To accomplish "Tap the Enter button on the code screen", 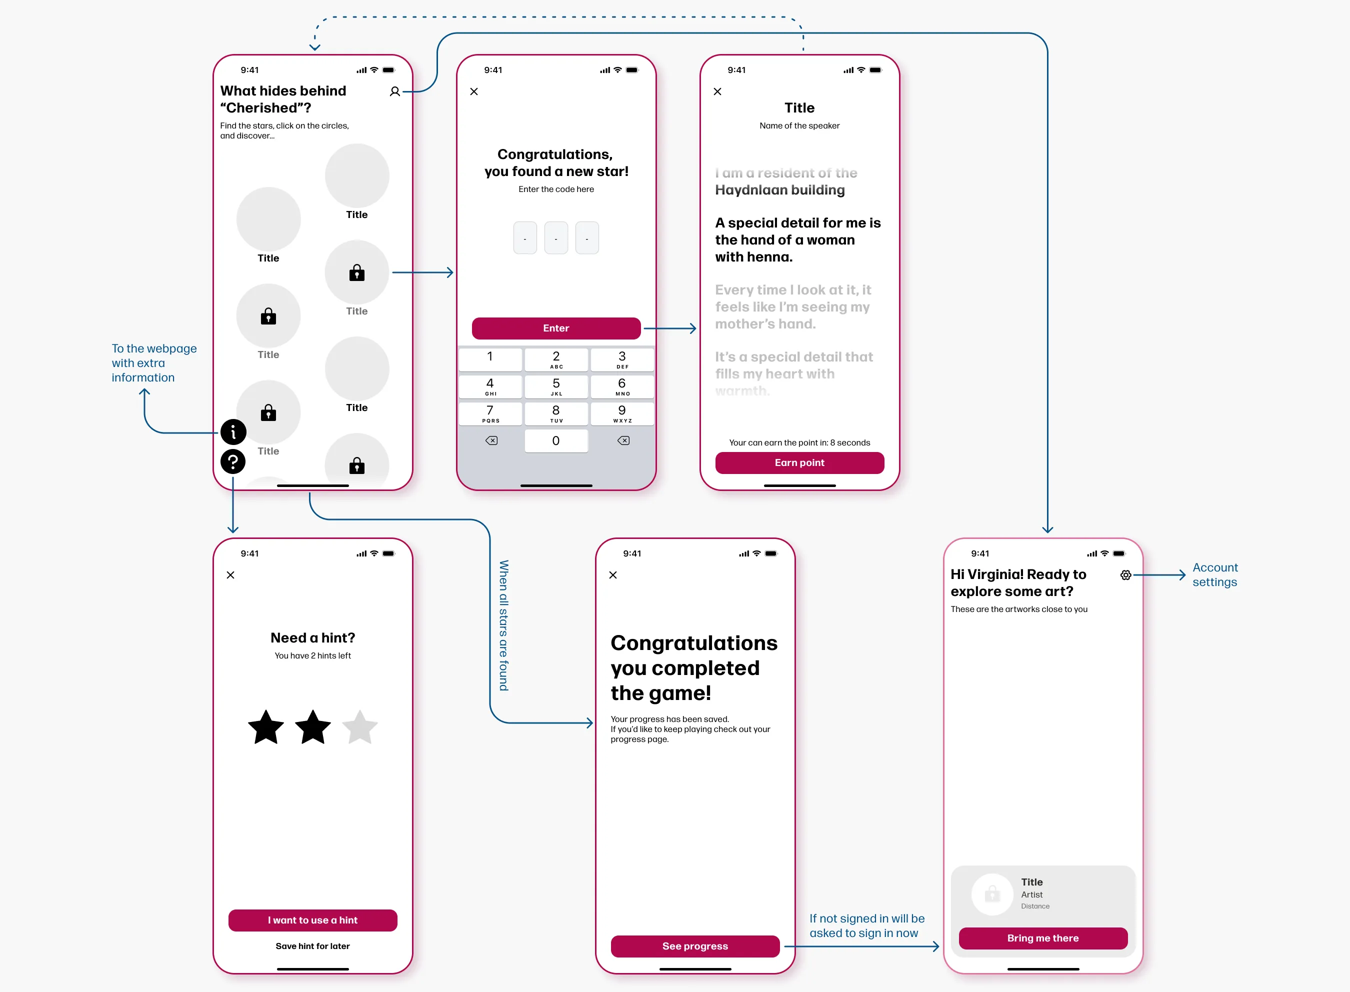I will pos(555,328).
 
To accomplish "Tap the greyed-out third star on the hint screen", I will pos(359,728).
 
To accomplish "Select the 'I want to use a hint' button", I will pos(312,920).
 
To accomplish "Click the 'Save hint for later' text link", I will pos(312,946).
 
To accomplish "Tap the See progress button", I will pos(695,946).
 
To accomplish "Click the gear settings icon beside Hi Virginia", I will pos(1125,575).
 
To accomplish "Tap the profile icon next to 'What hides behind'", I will pos(394,92).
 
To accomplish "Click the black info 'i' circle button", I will pos(233,431).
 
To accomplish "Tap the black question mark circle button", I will pos(233,462).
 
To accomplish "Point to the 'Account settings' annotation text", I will pos(1214,574).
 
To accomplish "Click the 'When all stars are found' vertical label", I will pos(503,625).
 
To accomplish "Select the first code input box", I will pos(525,238).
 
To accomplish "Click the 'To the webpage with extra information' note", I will pos(153,362).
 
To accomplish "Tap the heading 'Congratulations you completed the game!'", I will pos(693,667).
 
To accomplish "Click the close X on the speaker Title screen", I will pos(717,92).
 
